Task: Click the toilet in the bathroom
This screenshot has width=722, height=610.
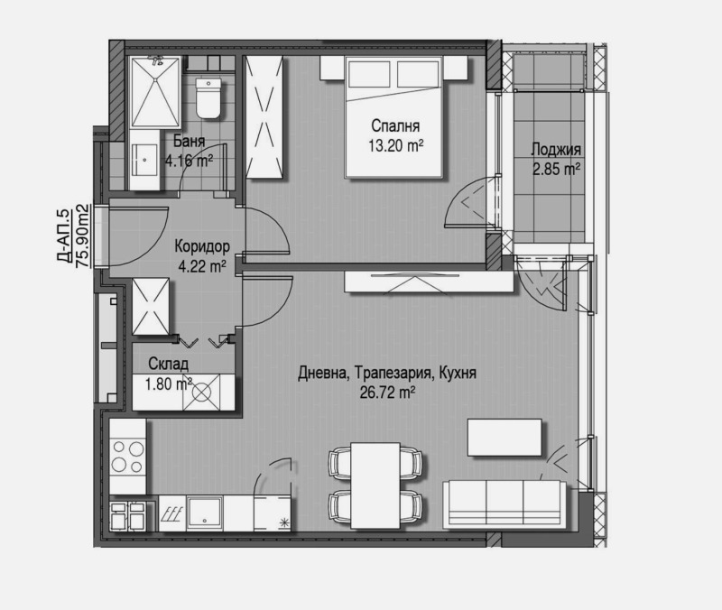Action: pos(208,98)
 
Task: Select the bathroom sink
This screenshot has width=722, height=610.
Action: pos(145,163)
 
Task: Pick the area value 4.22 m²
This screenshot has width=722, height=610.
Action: pos(202,265)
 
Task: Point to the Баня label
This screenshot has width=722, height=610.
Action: pos(190,142)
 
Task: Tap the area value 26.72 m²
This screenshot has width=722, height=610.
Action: pos(387,392)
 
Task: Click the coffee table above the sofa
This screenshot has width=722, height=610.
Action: pos(505,439)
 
